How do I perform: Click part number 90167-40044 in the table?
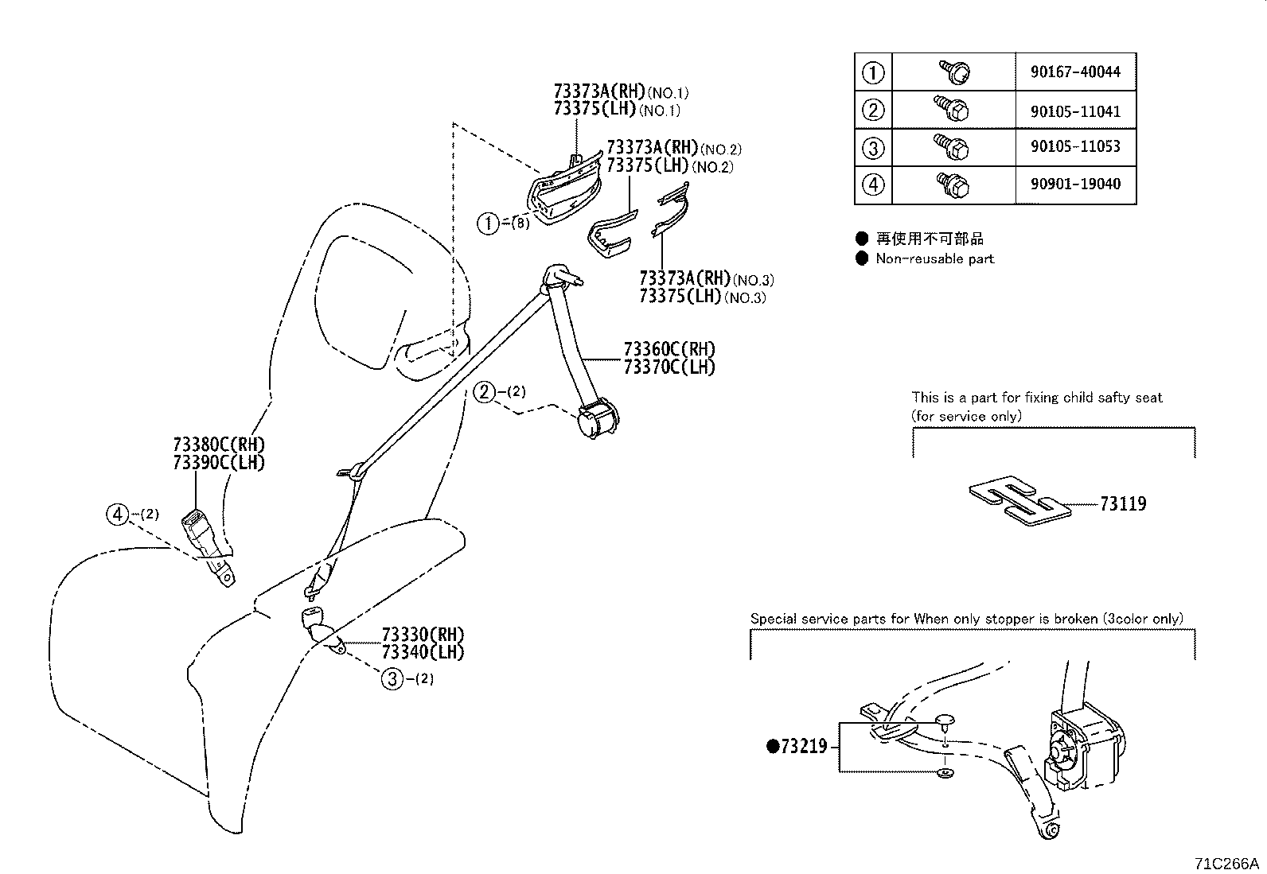1075,72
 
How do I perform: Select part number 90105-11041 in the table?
1075,111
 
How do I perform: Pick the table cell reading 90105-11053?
1075,147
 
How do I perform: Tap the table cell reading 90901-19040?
1075,185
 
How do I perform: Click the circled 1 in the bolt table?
873,72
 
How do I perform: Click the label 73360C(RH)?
669,349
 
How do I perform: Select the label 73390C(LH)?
218,463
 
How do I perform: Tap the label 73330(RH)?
423,635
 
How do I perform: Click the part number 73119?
1123,503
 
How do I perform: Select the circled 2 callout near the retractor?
484,391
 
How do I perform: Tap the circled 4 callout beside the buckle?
118,515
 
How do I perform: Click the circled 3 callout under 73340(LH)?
392,679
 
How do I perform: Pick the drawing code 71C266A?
1226,863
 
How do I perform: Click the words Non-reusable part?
934,258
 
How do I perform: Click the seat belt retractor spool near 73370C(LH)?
598,419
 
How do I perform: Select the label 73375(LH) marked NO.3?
680,297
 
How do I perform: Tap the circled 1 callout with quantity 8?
488,223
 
